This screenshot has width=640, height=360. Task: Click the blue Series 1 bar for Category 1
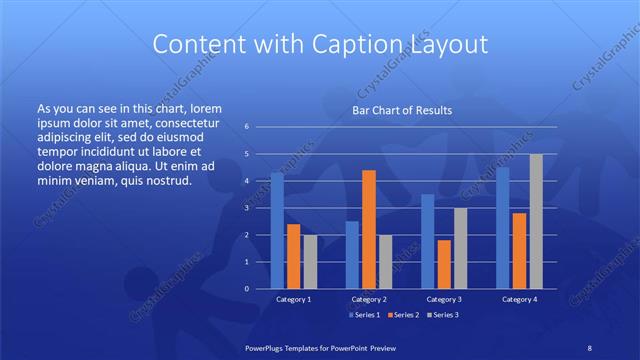[277, 231]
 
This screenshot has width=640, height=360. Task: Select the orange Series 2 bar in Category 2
[369, 230]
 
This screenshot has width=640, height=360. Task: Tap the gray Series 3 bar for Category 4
[536, 222]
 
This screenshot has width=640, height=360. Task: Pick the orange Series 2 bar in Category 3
[444, 265]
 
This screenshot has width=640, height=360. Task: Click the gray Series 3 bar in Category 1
[310, 262]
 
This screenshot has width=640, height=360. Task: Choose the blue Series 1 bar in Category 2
[353, 255]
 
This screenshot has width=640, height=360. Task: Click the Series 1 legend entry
[363, 315]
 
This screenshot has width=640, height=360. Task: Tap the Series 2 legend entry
[402, 315]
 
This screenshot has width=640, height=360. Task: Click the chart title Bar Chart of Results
[402, 110]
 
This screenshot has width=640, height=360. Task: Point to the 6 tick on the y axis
[247, 127]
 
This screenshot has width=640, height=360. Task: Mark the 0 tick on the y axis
[247, 289]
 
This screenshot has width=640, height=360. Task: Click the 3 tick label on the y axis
[247, 208]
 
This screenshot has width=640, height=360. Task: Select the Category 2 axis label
[369, 299]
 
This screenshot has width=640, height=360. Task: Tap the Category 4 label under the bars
[519, 299]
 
